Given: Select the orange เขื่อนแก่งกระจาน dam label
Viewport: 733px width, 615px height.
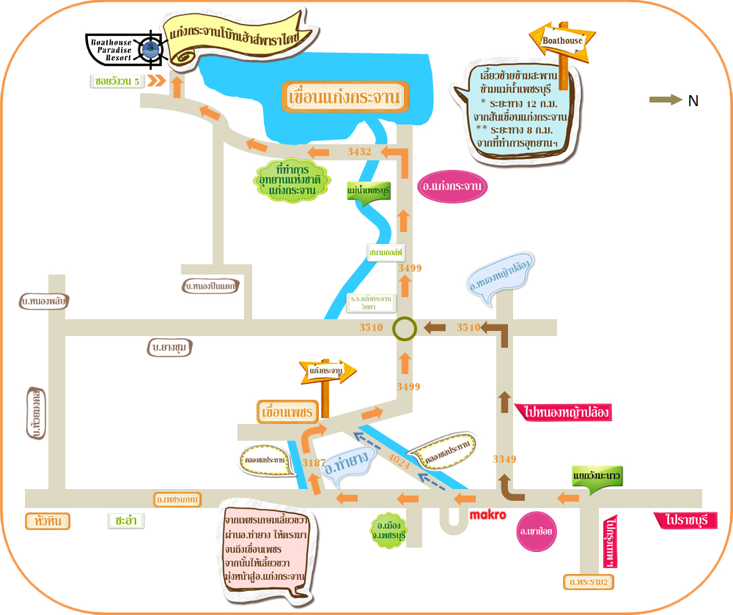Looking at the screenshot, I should click(345, 97).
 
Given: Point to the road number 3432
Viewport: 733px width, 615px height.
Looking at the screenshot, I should click(360, 152).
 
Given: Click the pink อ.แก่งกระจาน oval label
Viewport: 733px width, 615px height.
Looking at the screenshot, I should click(452, 187).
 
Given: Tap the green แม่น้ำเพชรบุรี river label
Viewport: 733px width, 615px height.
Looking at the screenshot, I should click(368, 191).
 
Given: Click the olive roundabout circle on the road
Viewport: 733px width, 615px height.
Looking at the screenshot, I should click(404, 328).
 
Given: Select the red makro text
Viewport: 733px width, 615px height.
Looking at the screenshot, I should click(487, 515).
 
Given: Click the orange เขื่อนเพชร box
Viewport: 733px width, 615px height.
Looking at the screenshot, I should click(286, 412).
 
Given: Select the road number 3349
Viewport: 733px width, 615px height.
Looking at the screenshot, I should click(504, 459).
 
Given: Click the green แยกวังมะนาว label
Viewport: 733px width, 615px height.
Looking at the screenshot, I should click(597, 477).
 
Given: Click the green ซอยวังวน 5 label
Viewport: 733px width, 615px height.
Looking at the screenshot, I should click(117, 81).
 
